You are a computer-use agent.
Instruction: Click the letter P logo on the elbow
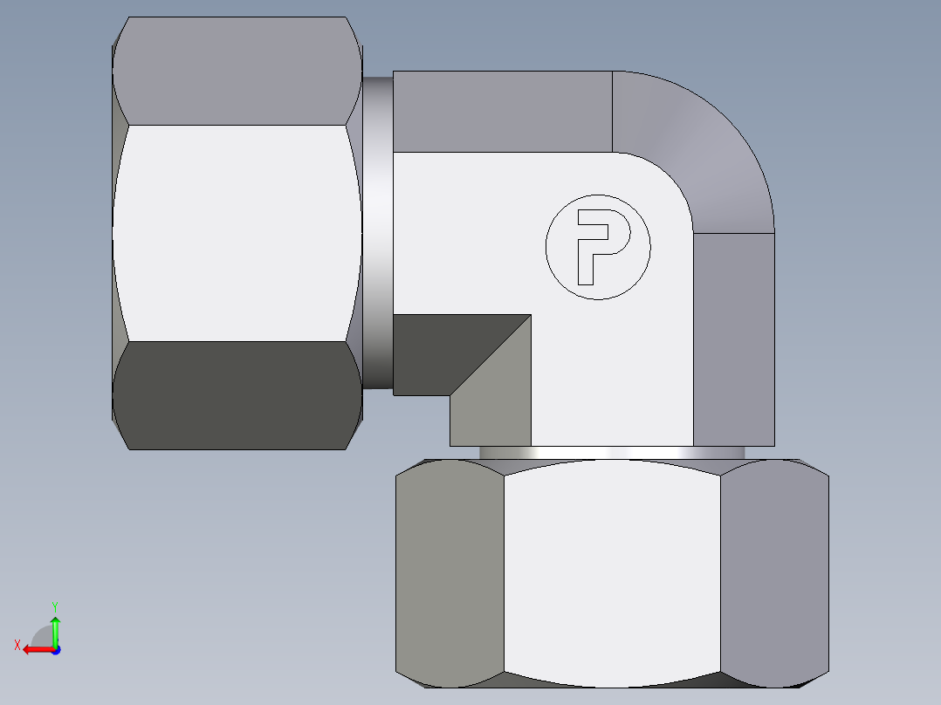click(x=598, y=247)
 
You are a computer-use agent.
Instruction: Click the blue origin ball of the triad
click(x=55, y=650)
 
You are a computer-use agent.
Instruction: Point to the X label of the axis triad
click(x=17, y=645)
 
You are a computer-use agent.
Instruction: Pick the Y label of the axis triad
click(x=54, y=606)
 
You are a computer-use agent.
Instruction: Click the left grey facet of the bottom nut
click(x=450, y=576)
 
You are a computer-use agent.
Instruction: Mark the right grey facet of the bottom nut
click(x=773, y=576)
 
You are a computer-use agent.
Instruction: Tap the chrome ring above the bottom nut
click(x=611, y=453)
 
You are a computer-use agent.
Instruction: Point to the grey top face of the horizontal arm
click(x=502, y=112)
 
